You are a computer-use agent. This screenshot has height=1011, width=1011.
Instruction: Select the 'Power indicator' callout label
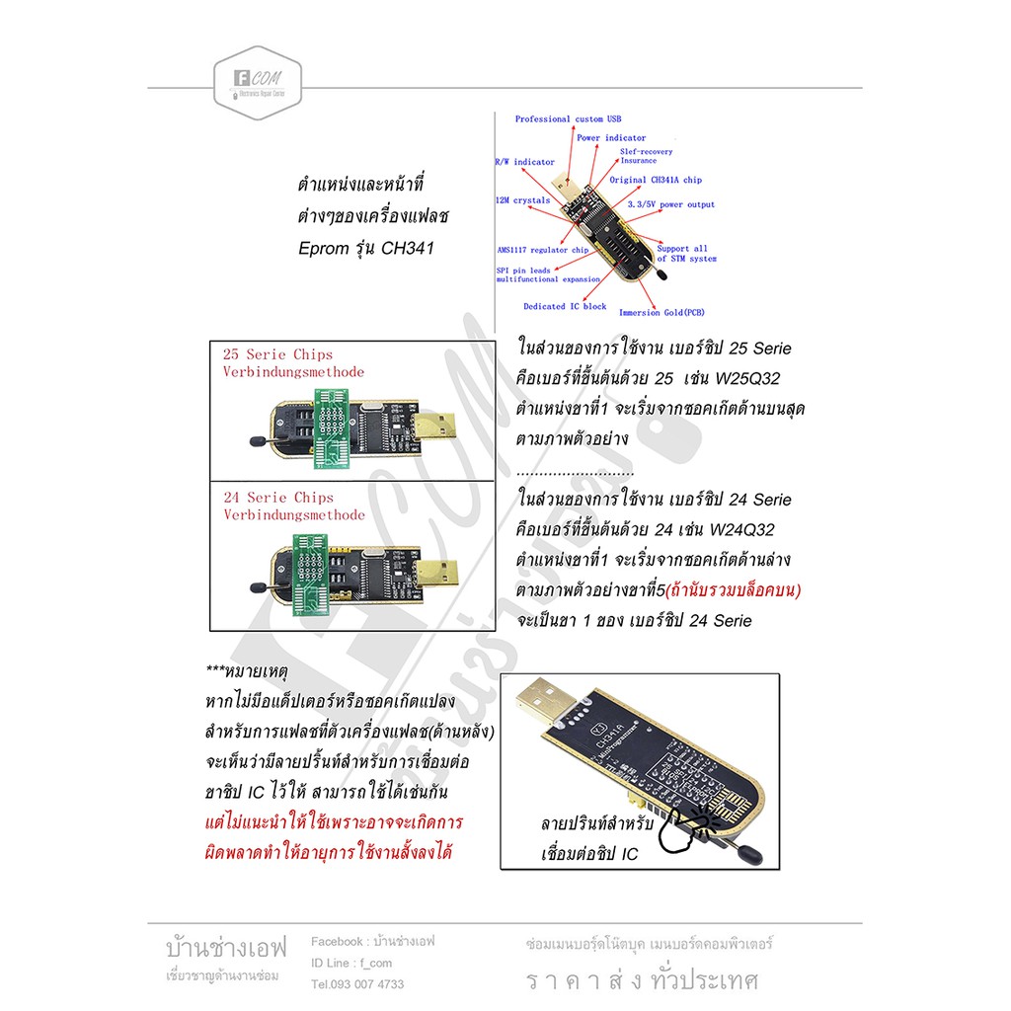[611, 138]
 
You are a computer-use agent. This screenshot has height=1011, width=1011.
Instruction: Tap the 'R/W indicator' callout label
[524, 162]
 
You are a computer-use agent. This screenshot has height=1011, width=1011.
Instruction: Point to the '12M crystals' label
[522, 200]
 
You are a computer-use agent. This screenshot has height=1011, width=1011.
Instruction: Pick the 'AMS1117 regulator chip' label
[543, 251]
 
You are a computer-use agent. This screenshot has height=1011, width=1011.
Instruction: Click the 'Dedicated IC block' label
[565, 307]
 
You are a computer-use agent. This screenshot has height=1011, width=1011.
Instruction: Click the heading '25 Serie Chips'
[277, 354]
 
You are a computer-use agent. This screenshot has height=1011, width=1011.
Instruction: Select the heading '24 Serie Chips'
[278, 498]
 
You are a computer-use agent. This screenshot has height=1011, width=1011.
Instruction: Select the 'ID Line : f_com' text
[351, 964]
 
